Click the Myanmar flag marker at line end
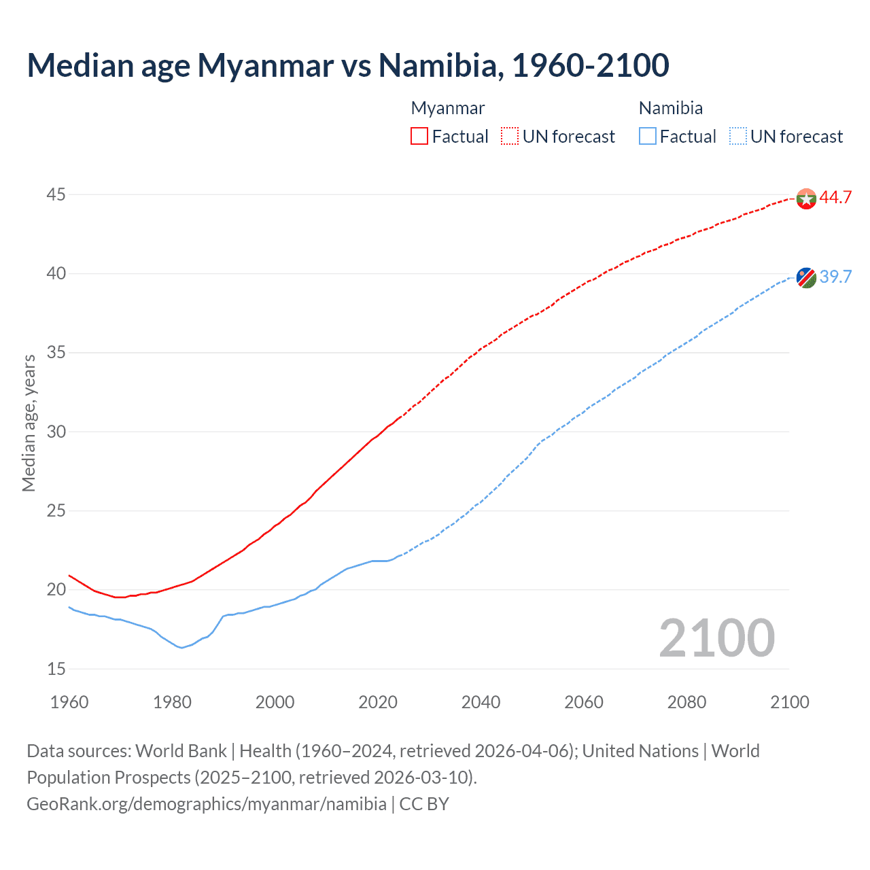pos(806,198)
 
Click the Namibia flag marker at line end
pos(806,277)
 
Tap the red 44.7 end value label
pos(835,198)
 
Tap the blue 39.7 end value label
pos(835,277)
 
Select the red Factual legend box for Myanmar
pos(419,136)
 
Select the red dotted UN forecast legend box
pos(510,136)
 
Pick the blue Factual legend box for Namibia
pos(648,136)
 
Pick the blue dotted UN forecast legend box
pos(737,136)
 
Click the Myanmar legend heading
pos(448,108)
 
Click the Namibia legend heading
pos(670,108)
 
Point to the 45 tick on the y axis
pos(56,195)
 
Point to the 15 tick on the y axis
pos(56,669)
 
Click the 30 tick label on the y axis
pos(56,432)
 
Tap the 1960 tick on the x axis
pos(69,702)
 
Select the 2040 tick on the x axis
pos(481,702)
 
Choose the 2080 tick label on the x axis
pos(686,702)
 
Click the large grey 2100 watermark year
pos(716,638)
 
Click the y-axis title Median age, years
pos(29,423)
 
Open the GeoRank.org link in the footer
pos(207,804)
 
